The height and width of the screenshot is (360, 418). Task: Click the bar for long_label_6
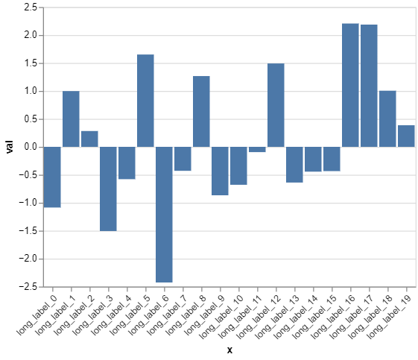(164, 215)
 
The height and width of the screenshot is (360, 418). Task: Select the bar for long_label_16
(350, 85)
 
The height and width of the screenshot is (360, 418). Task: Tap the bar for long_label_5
(145, 101)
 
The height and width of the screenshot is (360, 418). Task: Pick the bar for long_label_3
(108, 189)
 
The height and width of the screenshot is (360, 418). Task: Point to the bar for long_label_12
(276, 105)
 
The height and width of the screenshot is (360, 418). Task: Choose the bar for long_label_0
(52, 177)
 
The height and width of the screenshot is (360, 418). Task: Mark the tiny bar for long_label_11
(257, 149)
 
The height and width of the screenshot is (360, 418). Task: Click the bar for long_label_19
(406, 136)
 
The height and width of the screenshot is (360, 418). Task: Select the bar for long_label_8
(201, 111)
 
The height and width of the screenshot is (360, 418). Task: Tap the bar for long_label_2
(89, 139)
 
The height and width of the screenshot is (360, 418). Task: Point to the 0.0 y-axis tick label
(31, 147)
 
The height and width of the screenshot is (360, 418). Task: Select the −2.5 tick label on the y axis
(28, 287)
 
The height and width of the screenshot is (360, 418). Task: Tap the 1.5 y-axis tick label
(31, 63)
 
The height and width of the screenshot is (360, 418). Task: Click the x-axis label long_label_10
(222, 312)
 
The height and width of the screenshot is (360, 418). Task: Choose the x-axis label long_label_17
(352, 312)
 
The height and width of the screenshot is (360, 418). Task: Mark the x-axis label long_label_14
(297, 312)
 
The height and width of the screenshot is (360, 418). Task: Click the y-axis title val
(9, 147)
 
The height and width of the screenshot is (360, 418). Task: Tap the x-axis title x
(229, 350)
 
